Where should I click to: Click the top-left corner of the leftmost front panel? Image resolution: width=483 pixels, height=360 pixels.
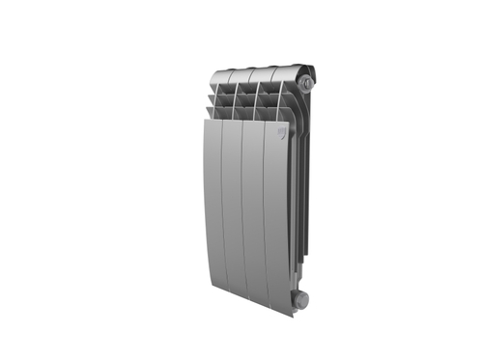pyautogui.click(x=205, y=120)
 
